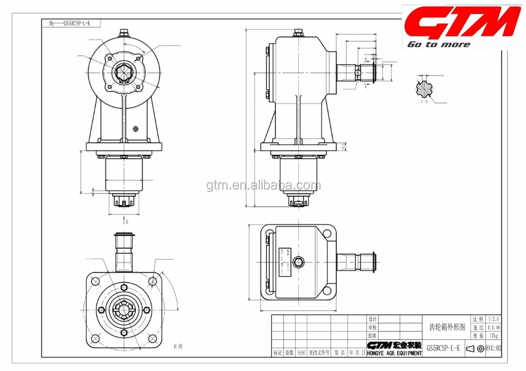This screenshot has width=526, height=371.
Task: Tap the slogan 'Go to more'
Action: click(439, 45)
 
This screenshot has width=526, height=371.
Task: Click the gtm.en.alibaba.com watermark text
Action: click(263, 185)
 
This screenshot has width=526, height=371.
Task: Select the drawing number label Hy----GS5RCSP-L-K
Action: click(70, 24)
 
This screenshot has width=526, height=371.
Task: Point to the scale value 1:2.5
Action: click(494, 319)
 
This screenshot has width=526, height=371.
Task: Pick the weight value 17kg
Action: click(494, 335)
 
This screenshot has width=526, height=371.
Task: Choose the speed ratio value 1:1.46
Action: click(494, 327)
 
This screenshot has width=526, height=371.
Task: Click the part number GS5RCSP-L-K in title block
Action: click(443, 348)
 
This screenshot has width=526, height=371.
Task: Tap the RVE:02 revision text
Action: click(493, 348)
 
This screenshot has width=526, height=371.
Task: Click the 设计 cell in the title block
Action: click(373, 319)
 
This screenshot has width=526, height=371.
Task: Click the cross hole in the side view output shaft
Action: click(358, 72)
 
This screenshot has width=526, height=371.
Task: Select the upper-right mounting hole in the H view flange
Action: click(153, 281)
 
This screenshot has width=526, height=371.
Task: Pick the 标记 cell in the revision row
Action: click(277, 353)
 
